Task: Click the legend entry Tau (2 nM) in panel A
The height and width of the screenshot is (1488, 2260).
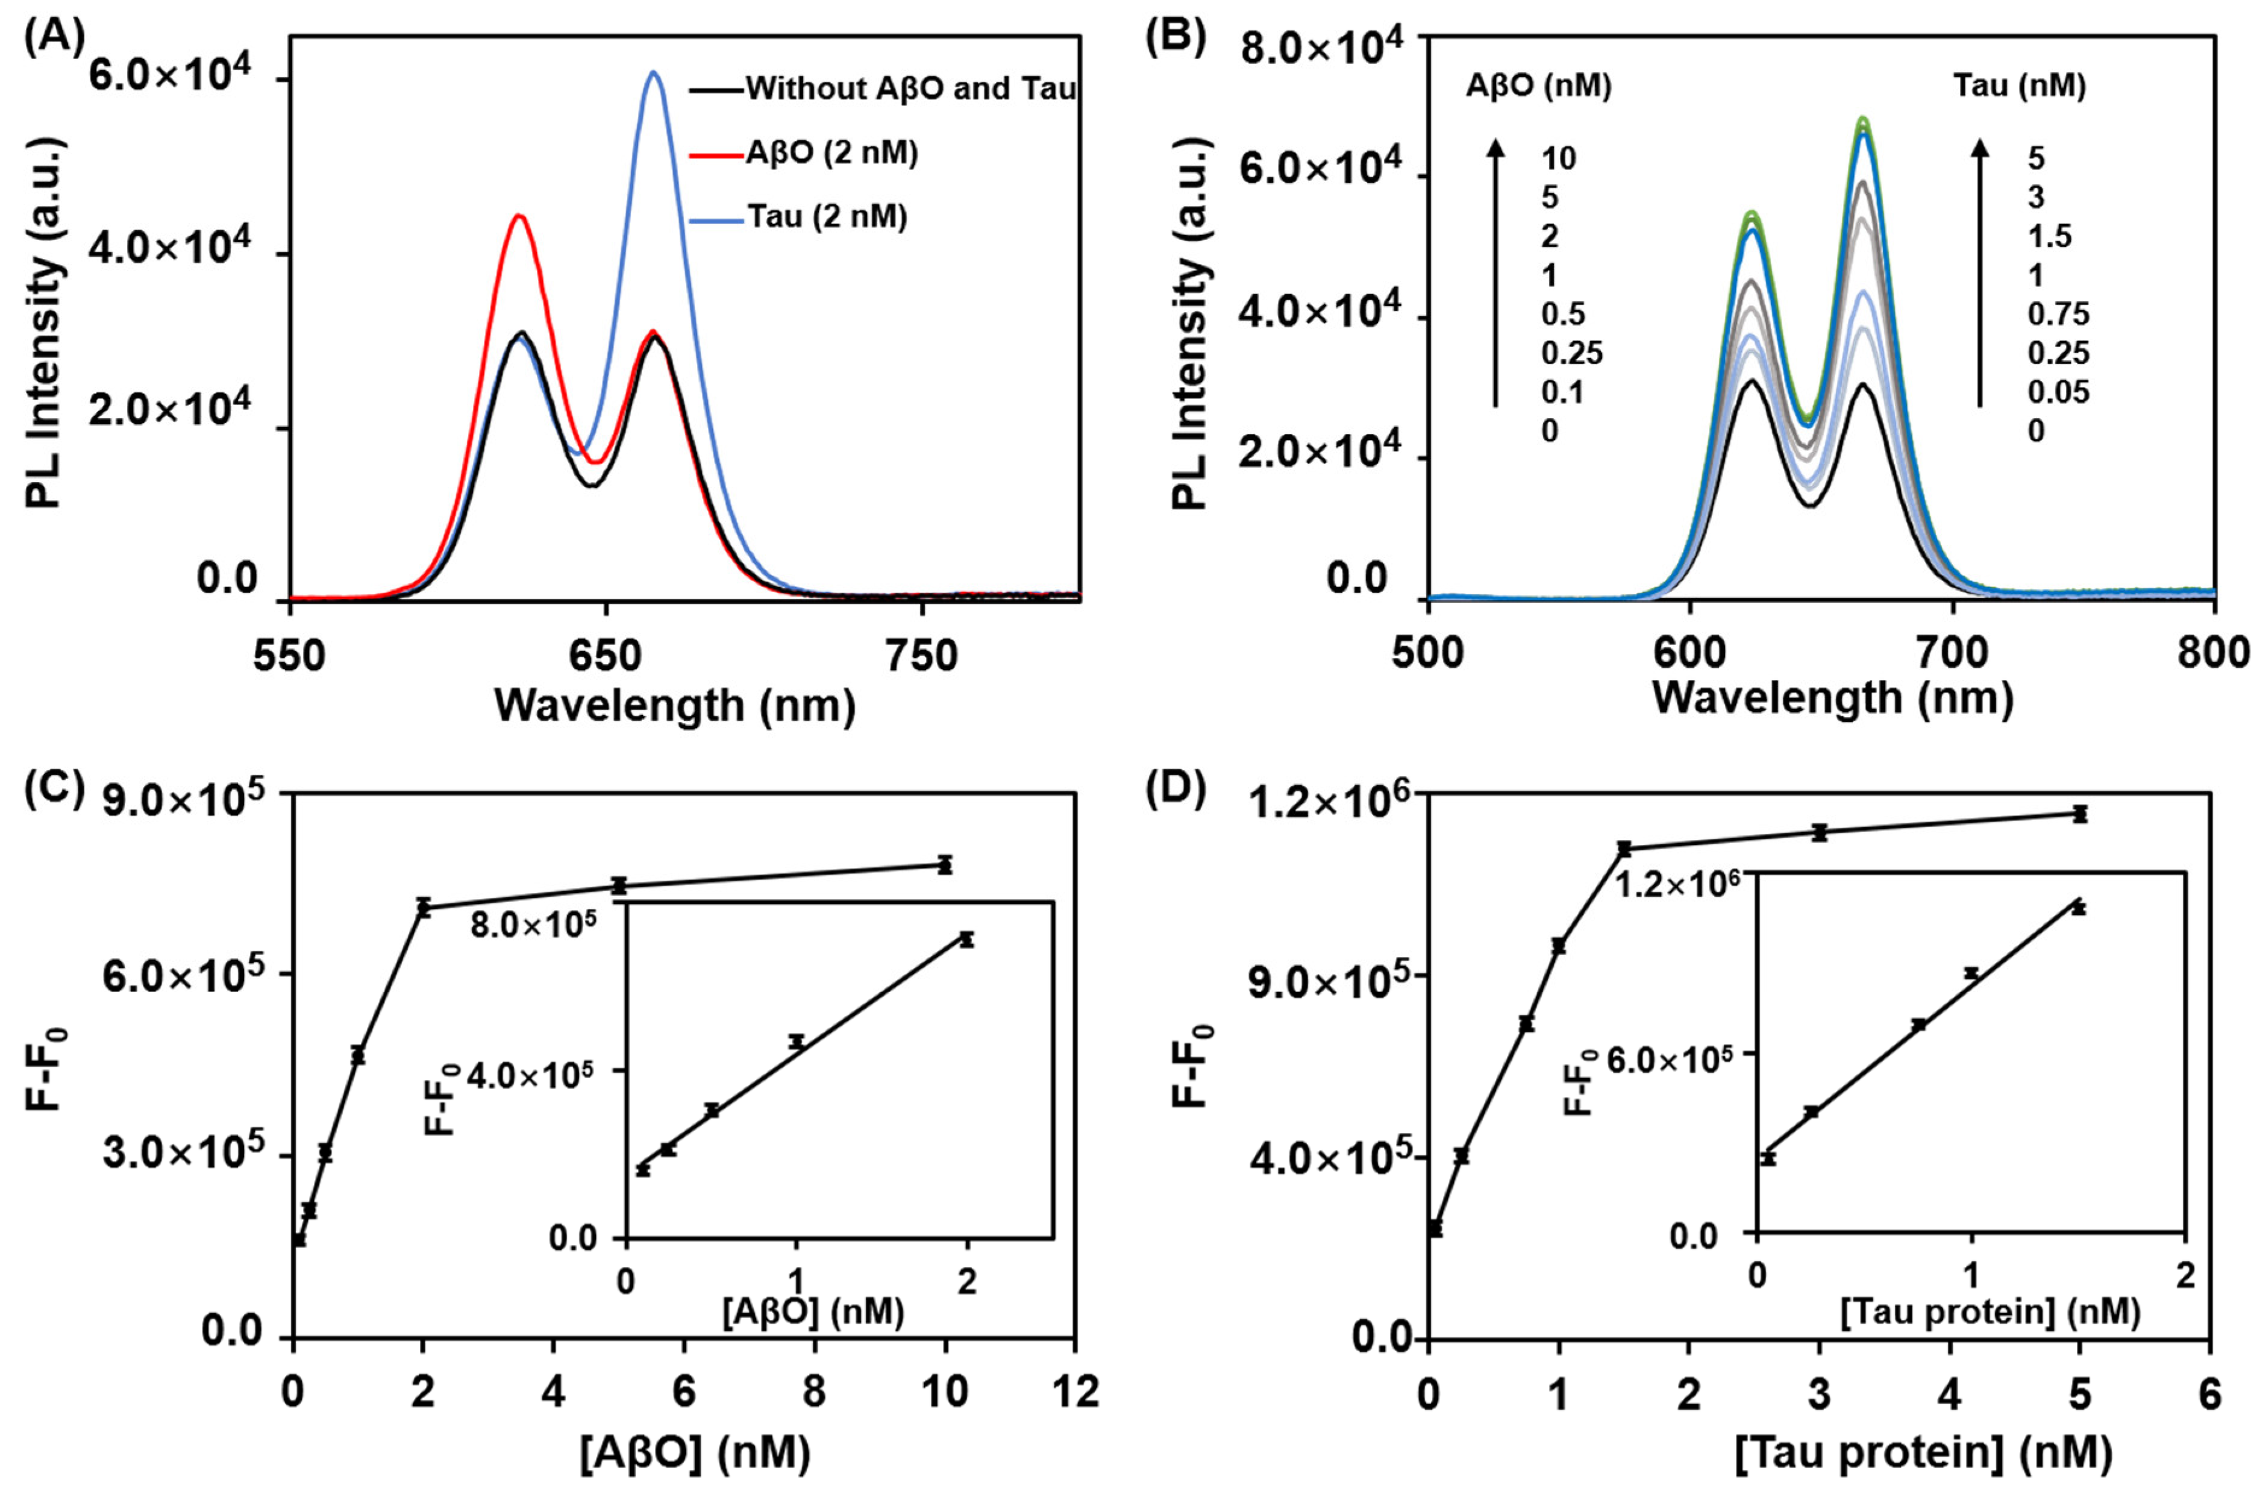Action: point(826,218)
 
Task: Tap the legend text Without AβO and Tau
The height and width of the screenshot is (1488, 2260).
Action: point(910,89)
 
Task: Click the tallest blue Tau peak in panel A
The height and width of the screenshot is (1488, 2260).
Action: point(653,72)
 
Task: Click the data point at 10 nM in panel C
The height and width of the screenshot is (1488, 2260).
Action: point(944,865)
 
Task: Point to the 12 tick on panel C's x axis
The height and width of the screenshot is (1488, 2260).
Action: point(1074,1392)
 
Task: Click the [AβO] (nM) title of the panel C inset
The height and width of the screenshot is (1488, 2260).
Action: point(813,1313)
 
